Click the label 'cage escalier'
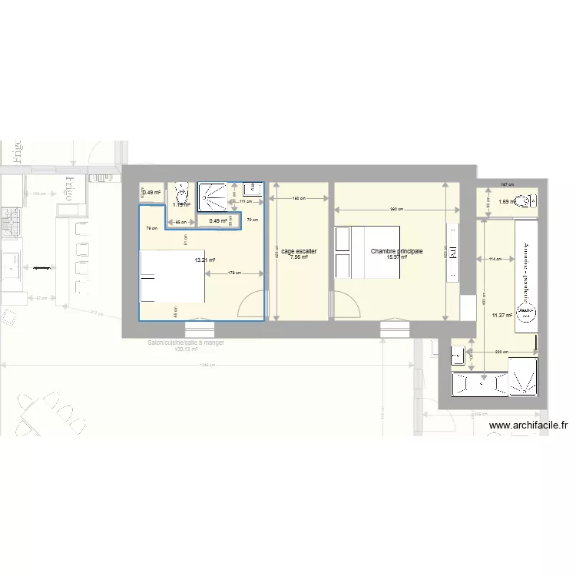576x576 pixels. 299,251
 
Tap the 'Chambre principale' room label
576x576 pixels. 396,251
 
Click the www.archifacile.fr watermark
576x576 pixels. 528,425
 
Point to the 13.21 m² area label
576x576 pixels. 205,260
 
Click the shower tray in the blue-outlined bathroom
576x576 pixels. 214,196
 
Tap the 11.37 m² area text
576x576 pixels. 502,315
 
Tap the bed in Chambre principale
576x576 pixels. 367,252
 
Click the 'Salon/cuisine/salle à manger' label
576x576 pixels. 186,343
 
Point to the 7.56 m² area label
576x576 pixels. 299,257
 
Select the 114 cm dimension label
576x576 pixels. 496,259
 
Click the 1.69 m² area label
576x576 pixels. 505,202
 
